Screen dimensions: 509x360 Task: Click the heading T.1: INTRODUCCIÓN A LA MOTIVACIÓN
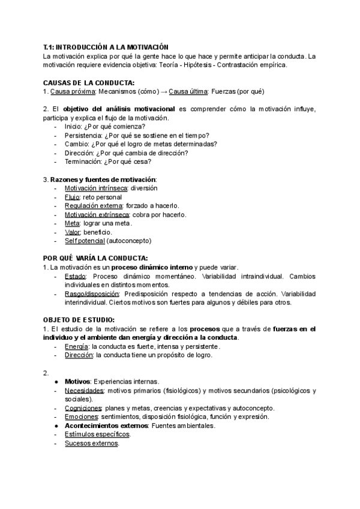coord(106,47)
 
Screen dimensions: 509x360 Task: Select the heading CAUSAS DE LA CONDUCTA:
coord(89,82)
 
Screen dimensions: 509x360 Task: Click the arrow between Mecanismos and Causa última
coord(163,91)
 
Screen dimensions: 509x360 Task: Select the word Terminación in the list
coord(85,161)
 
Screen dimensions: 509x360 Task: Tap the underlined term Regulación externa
coord(92,206)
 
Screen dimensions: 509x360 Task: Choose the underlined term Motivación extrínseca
coord(97,214)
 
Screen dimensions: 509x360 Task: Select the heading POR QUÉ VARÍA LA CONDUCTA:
coord(95,258)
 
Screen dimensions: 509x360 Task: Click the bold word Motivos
coord(77,382)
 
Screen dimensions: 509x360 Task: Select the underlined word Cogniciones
coord(83,408)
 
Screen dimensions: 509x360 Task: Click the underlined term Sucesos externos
coord(91,444)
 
